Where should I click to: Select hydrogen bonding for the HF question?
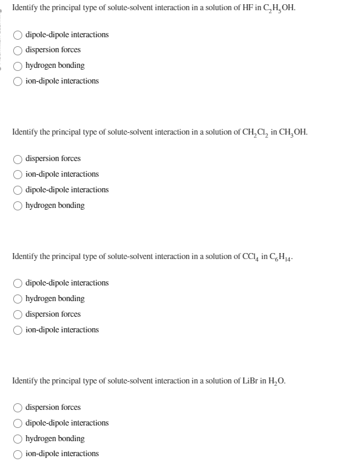pos(19,66)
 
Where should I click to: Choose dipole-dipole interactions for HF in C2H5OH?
pos(19,34)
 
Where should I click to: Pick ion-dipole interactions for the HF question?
pos(19,81)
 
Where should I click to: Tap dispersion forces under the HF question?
pos(19,50)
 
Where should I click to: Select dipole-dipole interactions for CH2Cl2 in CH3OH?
pos(19,190)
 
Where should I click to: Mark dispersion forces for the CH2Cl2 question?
pos(19,159)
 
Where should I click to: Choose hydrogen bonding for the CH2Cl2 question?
pos(19,206)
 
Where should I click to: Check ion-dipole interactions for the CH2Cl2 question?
pos(19,174)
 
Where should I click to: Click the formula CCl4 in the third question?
pos(249,257)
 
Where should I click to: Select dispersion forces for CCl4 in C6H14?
pos(19,314)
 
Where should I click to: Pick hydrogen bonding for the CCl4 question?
pos(19,299)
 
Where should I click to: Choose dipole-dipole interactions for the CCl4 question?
pos(19,283)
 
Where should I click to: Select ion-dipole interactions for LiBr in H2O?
pos(19,454)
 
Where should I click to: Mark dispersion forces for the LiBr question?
pos(19,408)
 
